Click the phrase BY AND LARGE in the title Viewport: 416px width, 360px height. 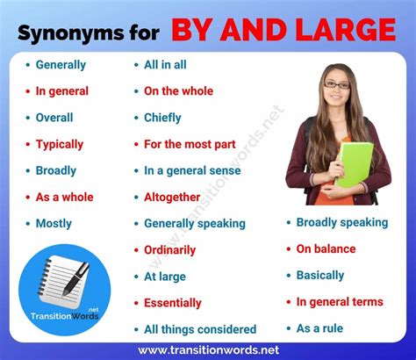click(x=283, y=32)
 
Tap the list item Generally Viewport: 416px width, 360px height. click(x=61, y=65)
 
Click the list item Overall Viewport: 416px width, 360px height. click(x=55, y=118)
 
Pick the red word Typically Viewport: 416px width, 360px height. click(x=60, y=144)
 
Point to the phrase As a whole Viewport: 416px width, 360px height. click(x=64, y=197)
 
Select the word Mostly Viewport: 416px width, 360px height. click(x=54, y=223)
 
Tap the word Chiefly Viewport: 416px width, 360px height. click(x=164, y=118)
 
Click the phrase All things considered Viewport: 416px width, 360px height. click(x=200, y=329)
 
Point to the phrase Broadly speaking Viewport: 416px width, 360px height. click(x=341, y=222)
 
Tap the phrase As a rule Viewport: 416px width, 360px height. click(x=320, y=328)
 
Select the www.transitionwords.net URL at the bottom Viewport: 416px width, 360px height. click(x=208, y=350)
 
